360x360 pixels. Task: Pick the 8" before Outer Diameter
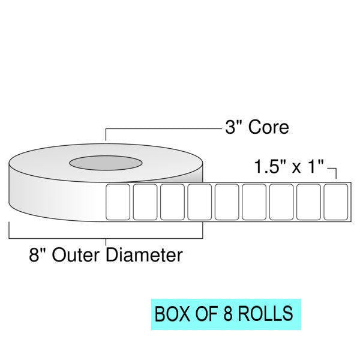click(x=38, y=256)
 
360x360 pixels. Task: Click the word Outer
click(x=78, y=256)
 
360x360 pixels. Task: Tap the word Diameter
click(x=144, y=256)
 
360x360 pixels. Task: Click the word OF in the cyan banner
click(x=202, y=313)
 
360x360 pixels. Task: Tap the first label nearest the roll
click(x=118, y=202)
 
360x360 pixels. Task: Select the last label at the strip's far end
click(x=335, y=202)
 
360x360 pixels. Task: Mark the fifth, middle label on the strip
click(x=226, y=202)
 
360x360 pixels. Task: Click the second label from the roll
click(x=145, y=202)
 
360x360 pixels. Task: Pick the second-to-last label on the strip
click(x=308, y=202)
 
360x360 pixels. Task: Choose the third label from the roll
click(x=172, y=202)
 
